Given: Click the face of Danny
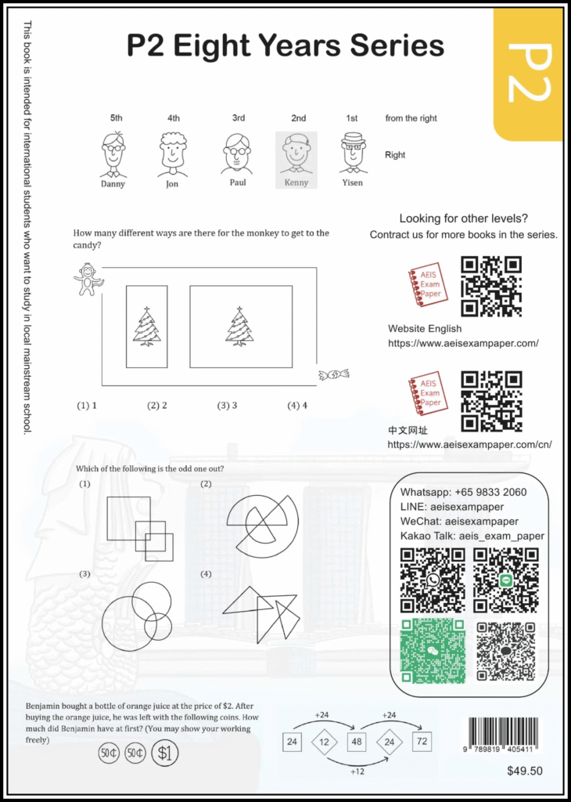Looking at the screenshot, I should [x=113, y=151].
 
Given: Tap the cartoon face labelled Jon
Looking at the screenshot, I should [x=173, y=151].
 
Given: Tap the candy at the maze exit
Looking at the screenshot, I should [x=333, y=375].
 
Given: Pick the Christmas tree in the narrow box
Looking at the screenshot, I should [x=146, y=327].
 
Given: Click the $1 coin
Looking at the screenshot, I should [x=164, y=753].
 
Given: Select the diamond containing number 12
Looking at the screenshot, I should [x=324, y=741].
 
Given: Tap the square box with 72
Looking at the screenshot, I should [x=422, y=741].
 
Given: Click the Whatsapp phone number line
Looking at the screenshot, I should [x=463, y=492].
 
